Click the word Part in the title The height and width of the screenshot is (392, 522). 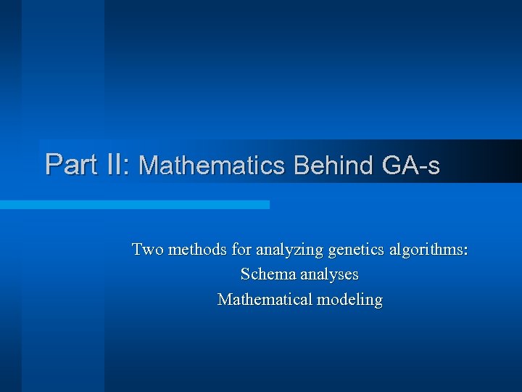click(x=67, y=164)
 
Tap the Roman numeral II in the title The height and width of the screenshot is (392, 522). click(x=112, y=164)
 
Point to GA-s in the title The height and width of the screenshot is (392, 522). click(x=410, y=166)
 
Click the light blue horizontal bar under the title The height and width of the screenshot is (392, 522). click(x=135, y=205)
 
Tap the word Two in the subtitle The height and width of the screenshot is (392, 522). click(x=148, y=250)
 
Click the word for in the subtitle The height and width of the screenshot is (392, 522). click(x=240, y=250)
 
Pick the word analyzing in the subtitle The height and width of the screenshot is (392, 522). click(x=288, y=251)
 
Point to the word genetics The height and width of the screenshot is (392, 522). click(x=356, y=251)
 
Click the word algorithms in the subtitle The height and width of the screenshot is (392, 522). click(x=426, y=251)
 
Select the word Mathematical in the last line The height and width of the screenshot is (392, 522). click(x=264, y=299)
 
